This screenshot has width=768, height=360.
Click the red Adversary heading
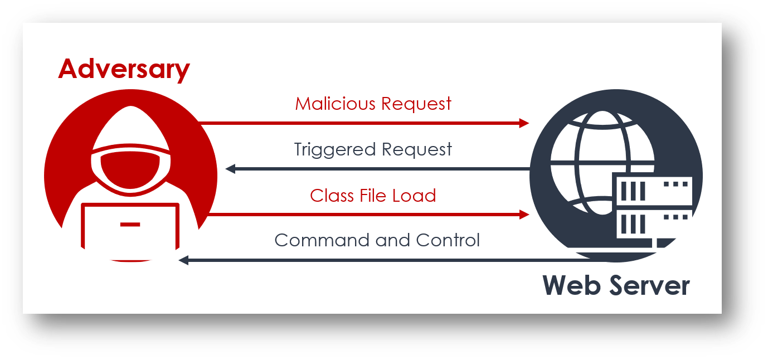point(124,69)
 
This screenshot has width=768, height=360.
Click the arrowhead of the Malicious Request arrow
point(524,123)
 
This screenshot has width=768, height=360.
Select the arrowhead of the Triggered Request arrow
point(230,169)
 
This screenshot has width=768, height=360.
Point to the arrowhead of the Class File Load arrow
point(524,215)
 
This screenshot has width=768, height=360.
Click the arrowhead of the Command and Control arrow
point(183,260)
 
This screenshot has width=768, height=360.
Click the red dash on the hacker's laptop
point(130,225)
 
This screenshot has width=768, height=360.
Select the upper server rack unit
point(652,189)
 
